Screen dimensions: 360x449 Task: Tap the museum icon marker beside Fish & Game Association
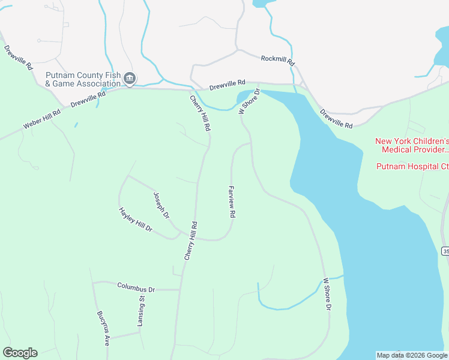(130, 79)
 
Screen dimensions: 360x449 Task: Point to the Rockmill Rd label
(278, 60)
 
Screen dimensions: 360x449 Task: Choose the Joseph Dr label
(161, 206)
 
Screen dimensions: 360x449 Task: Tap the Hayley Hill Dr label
(136, 220)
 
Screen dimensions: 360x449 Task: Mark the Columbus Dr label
(136, 287)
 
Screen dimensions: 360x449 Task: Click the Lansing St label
(142, 311)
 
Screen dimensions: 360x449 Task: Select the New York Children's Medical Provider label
(411, 145)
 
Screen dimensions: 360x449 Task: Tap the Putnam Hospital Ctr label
(412, 166)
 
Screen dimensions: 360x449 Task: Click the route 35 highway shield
(445, 250)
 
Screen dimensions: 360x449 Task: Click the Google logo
(20, 353)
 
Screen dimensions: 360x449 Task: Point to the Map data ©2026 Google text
(412, 355)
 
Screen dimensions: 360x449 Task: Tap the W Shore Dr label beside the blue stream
(327, 294)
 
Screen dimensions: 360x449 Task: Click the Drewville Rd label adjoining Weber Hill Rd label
(88, 99)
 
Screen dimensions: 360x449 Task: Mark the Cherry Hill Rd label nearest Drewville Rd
(200, 113)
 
